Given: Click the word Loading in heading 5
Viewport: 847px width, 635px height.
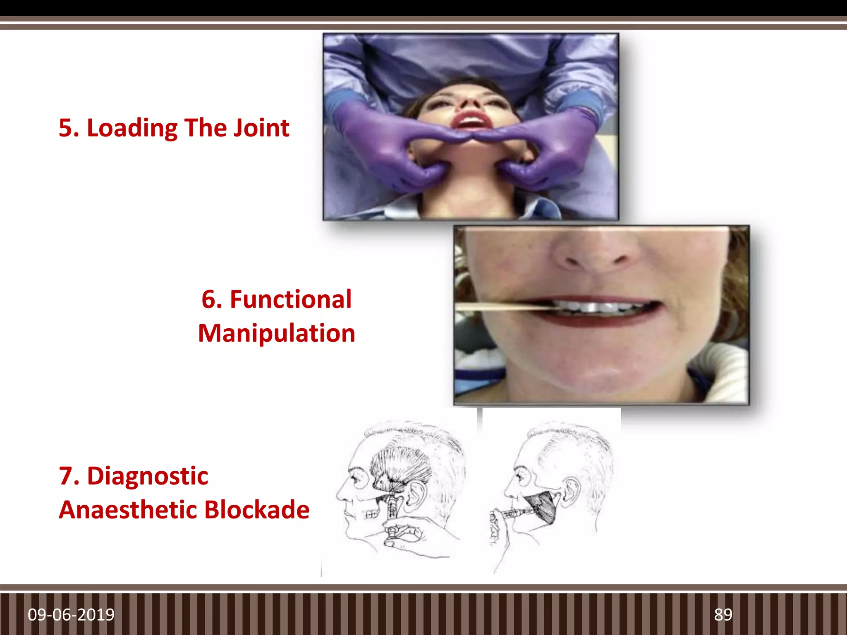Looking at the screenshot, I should click(132, 128).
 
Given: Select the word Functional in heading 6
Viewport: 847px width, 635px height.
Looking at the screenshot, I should click(290, 299).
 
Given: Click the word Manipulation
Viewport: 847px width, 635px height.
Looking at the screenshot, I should click(277, 333).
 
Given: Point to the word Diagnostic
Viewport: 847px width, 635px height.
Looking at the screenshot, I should click(148, 476).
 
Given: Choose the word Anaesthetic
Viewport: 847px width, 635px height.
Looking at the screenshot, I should click(127, 510).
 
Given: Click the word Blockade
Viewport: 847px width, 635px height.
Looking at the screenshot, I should click(257, 510).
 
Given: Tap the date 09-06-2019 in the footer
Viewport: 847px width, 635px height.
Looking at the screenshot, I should click(71, 615).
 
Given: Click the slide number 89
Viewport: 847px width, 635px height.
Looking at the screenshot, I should click(723, 615).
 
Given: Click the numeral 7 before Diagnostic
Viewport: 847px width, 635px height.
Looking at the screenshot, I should click(66, 476).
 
